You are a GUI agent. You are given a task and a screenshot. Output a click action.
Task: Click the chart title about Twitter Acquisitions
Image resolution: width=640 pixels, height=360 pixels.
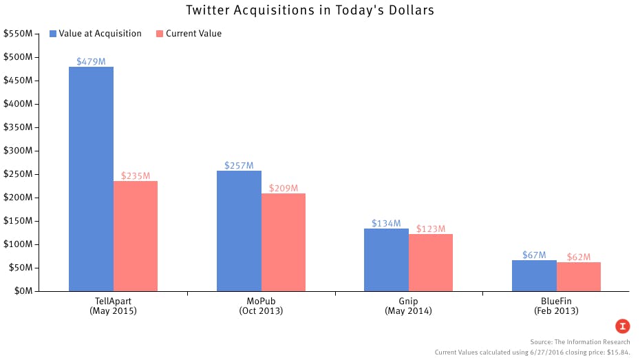(320, 10)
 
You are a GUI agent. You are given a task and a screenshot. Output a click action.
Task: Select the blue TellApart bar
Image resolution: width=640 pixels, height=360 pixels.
(91, 179)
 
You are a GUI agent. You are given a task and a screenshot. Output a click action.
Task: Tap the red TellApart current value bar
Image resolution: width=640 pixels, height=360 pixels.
(136, 235)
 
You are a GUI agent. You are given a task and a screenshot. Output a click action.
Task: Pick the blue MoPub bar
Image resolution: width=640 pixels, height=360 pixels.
(239, 231)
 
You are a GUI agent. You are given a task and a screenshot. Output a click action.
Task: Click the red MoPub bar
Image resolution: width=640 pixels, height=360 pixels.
(284, 242)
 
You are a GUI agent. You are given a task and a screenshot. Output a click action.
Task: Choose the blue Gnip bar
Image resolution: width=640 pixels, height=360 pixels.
(387, 260)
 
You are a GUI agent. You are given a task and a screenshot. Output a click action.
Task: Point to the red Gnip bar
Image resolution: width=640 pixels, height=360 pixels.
(431, 262)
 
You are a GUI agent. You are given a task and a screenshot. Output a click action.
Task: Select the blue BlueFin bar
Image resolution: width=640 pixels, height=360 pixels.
(534, 275)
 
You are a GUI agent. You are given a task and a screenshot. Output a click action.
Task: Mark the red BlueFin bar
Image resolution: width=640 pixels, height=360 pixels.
(579, 276)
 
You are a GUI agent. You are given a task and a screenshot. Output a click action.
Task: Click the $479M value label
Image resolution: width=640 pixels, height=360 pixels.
(91, 61)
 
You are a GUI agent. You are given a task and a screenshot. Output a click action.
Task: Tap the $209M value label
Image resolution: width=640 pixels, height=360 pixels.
(284, 188)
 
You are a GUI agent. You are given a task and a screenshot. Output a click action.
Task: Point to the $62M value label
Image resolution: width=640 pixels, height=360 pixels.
(579, 257)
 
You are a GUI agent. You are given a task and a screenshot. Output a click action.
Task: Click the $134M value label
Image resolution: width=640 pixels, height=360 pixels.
(386, 223)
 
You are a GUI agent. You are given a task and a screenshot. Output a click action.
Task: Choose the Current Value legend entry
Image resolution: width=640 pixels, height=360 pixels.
(189, 34)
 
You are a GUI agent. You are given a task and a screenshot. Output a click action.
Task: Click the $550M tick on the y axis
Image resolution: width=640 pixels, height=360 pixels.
(18, 34)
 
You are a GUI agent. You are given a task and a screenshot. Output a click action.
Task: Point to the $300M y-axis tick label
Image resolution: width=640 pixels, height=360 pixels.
(18, 151)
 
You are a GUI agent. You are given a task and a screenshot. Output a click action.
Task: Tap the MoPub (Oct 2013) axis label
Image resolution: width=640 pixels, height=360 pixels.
(261, 306)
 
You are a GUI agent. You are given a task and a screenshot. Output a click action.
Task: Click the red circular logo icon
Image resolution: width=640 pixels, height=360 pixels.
(622, 326)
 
